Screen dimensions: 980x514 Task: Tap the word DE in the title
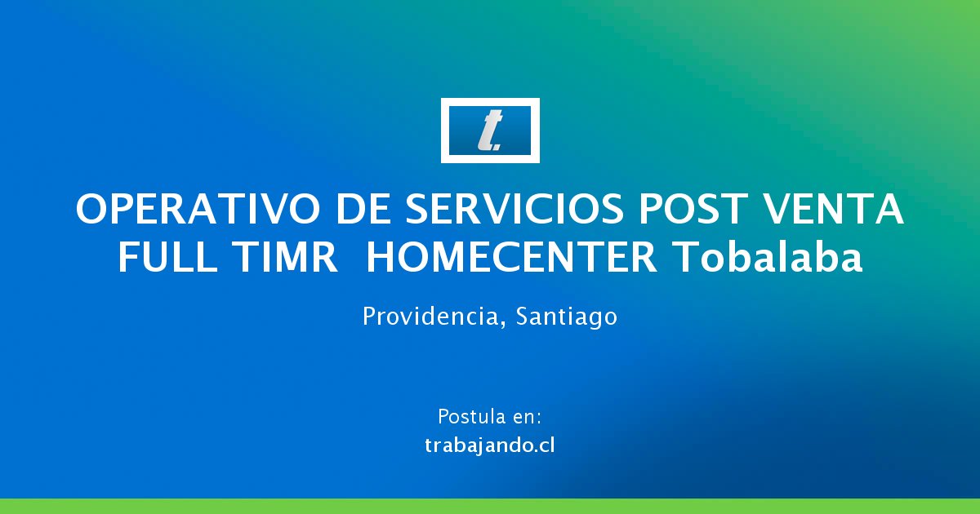click(x=363, y=209)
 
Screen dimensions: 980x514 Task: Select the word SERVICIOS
click(x=514, y=209)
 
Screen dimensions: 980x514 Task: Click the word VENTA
click(x=832, y=209)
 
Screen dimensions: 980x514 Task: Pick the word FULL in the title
click(x=167, y=258)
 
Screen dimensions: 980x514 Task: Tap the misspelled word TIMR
click(x=284, y=258)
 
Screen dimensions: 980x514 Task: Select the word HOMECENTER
click(x=511, y=258)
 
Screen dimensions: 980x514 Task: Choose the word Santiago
click(x=566, y=317)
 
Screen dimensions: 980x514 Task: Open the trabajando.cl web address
click(x=489, y=445)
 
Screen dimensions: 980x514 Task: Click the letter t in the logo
click(x=489, y=131)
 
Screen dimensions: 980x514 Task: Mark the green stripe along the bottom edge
click(x=490, y=506)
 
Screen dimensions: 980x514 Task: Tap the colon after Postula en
click(x=539, y=419)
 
